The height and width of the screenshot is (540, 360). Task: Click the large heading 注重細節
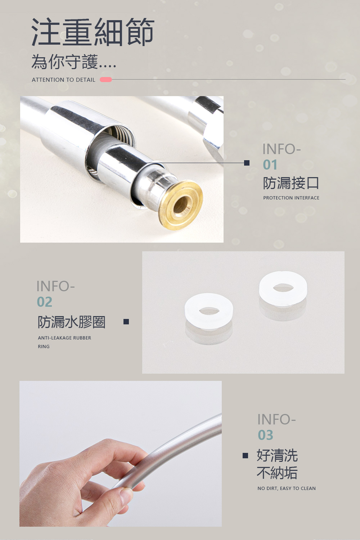click(x=93, y=32)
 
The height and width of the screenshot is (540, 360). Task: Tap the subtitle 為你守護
click(x=65, y=62)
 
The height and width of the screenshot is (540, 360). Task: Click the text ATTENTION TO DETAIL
click(x=63, y=80)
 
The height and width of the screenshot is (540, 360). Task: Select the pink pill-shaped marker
click(x=106, y=80)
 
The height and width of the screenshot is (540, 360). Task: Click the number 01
click(x=270, y=165)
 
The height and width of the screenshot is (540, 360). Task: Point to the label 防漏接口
click(x=291, y=183)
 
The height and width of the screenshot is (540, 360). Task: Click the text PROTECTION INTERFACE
click(x=291, y=198)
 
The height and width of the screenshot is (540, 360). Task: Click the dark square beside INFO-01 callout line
click(x=247, y=163)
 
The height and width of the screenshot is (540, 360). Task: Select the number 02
click(x=44, y=302)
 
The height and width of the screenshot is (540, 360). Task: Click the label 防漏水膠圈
click(x=72, y=322)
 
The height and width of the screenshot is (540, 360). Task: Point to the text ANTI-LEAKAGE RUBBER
click(x=65, y=338)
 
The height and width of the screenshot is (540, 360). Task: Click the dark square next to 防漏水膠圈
click(x=126, y=321)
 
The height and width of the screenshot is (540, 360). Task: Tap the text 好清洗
click(x=277, y=455)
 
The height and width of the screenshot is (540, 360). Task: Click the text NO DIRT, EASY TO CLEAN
click(x=287, y=489)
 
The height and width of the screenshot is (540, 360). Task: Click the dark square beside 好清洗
click(x=245, y=455)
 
